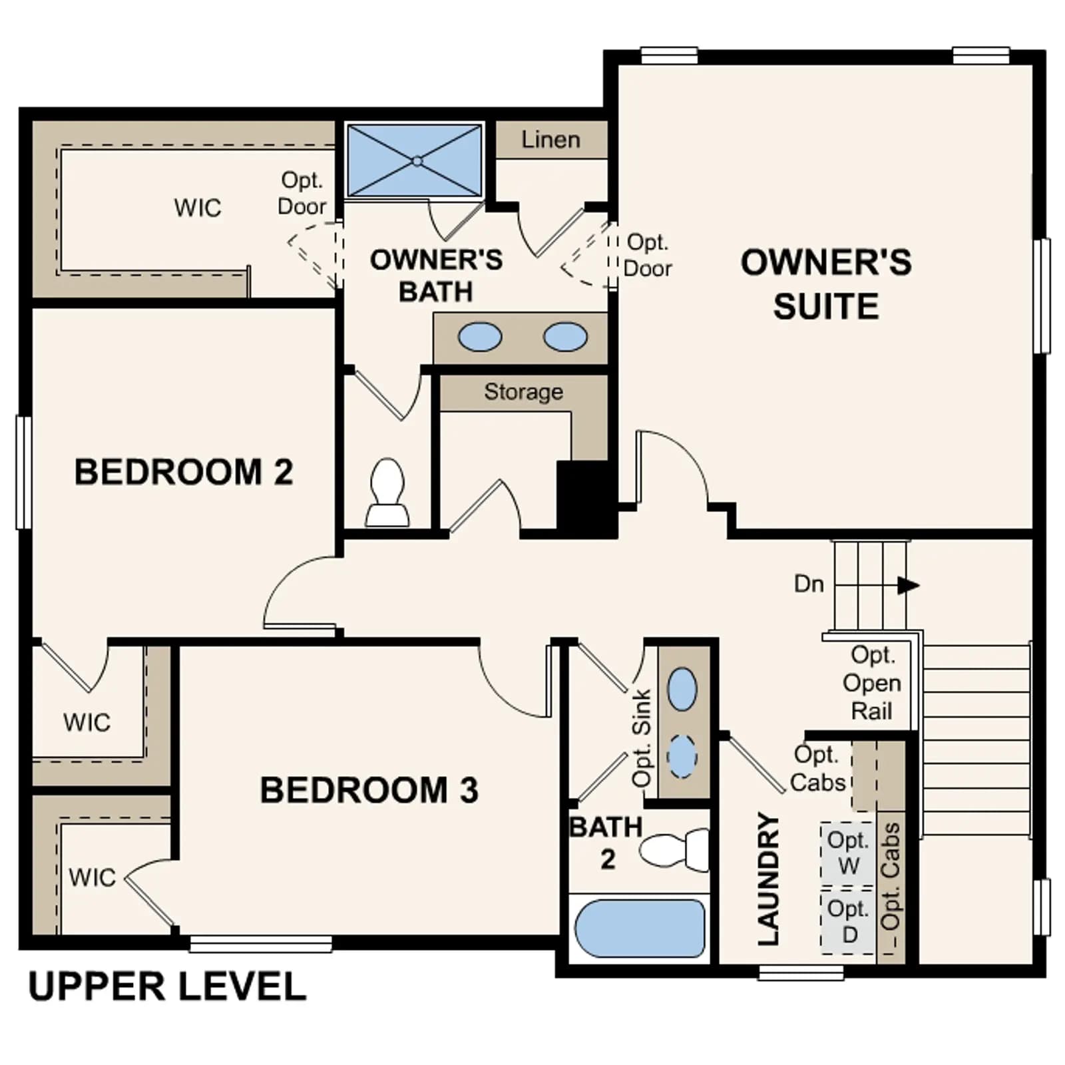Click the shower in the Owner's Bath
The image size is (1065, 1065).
pyautogui.click(x=414, y=160)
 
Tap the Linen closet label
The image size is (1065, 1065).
pyautogui.click(x=550, y=140)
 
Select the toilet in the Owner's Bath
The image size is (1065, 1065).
pyautogui.click(x=387, y=493)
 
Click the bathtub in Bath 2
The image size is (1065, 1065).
pyautogui.click(x=640, y=928)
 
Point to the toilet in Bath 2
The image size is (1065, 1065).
pyautogui.click(x=674, y=849)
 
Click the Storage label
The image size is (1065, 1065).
pyautogui.click(x=523, y=391)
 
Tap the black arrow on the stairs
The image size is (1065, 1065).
pyautogui.click(x=909, y=586)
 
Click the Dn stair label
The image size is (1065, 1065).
pyautogui.click(x=809, y=584)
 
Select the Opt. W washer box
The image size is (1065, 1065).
pyautogui.click(x=847, y=854)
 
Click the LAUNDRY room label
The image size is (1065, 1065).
pyautogui.click(x=768, y=879)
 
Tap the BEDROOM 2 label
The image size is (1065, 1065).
pyautogui.click(x=184, y=472)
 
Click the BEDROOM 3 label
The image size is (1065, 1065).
pyautogui.click(x=369, y=790)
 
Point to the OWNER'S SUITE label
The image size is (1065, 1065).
pyautogui.click(x=826, y=284)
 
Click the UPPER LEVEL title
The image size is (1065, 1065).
pyautogui.click(x=167, y=986)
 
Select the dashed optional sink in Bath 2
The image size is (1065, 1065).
pyautogui.click(x=682, y=757)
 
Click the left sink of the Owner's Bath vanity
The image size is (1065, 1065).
pyautogui.click(x=479, y=337)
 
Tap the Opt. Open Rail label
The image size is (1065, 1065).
pyautogui.click(x=872, y=683)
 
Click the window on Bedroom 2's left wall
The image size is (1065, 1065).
pyautogui.click(x=23, y=473)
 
